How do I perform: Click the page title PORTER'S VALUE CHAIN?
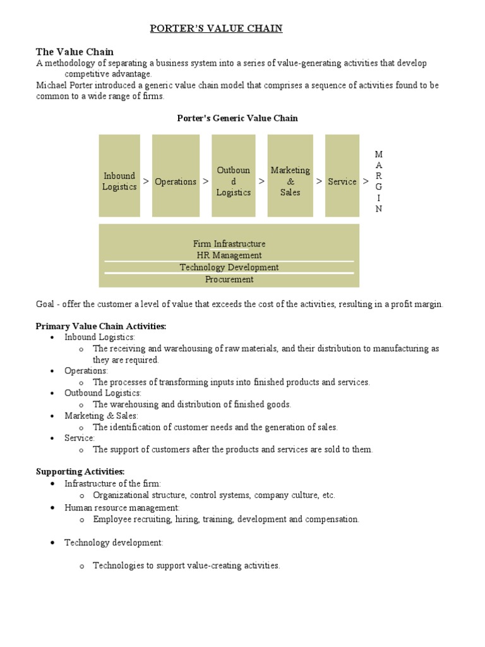pos(215,28)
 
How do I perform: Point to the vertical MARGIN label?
pos(379,182)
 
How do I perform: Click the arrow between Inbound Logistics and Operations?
pos(146,181)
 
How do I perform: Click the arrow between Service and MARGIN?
pos(366,181)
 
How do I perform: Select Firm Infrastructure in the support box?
pos(229,243)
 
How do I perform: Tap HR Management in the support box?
pos(229,255)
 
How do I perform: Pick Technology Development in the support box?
pos(229,267)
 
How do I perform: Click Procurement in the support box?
pos(229,279)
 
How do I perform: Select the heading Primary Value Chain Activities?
pos(101,326)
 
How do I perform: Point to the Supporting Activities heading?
pos(80,471)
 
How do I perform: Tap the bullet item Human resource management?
pos(122,507)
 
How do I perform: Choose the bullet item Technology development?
pos(114,543)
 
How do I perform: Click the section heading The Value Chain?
pos(75,52)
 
